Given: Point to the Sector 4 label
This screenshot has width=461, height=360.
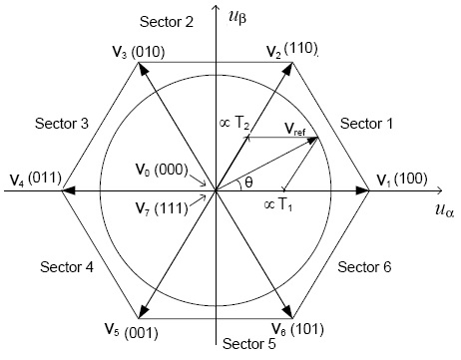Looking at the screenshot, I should point(67,266).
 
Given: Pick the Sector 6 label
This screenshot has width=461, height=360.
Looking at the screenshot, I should point(365,266).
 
